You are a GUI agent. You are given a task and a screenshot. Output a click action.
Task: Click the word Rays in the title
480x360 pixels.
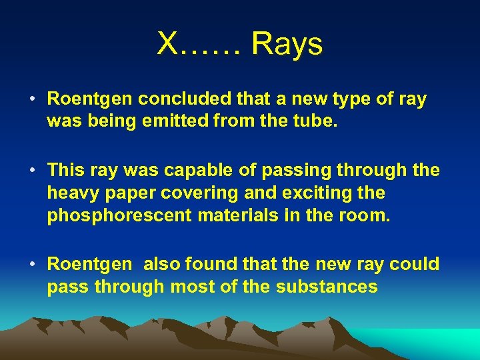[x=287, y=45]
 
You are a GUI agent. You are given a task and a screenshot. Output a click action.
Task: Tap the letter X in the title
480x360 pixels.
[x=167, y=45]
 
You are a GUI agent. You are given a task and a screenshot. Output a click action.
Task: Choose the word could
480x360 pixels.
[x=415, y=265]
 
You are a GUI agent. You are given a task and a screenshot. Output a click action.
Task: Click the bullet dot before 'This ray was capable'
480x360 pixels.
[x=33, y=171]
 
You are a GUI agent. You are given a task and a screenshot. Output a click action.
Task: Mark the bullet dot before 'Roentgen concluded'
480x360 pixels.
[x=33, y=100]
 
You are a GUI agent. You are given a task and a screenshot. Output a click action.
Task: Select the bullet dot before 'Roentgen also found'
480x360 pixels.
[x=33, y=265]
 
